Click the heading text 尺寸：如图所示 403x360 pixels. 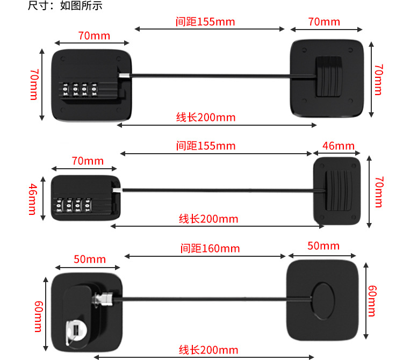[x=64, y=6]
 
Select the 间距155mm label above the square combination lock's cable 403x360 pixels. [x=205, y=21]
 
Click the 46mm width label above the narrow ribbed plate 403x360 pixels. [x=339, y=146]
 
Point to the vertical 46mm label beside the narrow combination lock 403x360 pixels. [x=33, y=199]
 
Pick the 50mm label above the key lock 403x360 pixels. [x=90, y=260]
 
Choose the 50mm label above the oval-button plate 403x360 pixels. [x=323, y=246]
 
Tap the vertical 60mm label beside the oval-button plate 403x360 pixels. [x=372, y=301]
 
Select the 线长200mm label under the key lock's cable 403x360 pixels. [x=208, y=350]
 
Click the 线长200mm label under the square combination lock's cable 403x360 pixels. [x=206, y=118]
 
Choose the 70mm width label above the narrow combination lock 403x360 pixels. [x=88, y=161]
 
